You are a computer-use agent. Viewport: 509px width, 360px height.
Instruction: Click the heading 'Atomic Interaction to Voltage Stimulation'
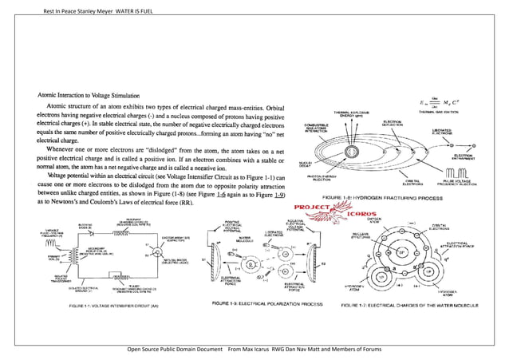click(90, 93)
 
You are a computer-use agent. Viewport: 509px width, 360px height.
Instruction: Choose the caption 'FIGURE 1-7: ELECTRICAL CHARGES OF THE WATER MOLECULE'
click(424, 304)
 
